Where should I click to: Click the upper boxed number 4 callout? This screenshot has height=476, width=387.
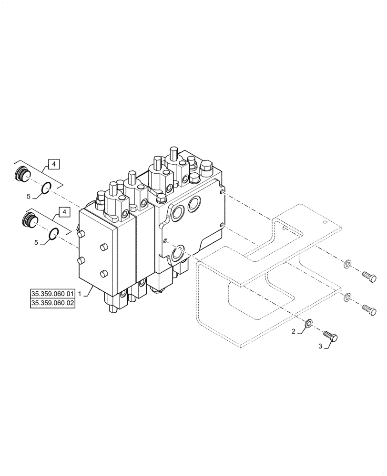pyautogui.click(x=54, y=165)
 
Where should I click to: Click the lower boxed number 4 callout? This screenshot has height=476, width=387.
pyautogui.click(x=62, y=211)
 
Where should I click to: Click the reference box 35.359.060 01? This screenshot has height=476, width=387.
pyautogui.click(x=52, y=294)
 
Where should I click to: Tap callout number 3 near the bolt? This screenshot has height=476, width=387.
pyautogui.click(x=321, y=347)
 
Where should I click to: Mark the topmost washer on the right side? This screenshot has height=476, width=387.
pyautogui.click(x=346, y=263)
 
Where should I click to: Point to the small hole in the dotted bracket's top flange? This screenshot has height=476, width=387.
pyautogui.click(x=325, y=220)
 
